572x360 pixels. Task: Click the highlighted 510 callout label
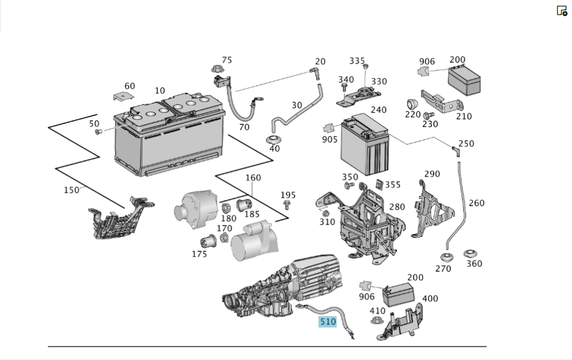pos(328,322)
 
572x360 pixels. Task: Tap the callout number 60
pos(130,86)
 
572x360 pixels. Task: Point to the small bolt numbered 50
pos(97,132)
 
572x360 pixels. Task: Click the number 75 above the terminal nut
pos(227,60)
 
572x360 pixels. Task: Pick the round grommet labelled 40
pos(274,140)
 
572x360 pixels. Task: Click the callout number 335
pos(357,61)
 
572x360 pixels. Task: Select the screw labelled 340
pos(344,88)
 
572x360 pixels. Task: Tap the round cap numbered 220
pos(411,104)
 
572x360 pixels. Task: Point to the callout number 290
pos(432,174)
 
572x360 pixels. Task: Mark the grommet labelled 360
pos(471,253)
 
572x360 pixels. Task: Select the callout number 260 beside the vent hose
pos(476,203)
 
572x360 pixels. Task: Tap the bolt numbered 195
pos(288,206)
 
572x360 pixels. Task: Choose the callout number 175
pos(198,254)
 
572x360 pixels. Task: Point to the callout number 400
pos(430,299)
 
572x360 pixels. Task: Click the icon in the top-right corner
pos(562,10)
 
